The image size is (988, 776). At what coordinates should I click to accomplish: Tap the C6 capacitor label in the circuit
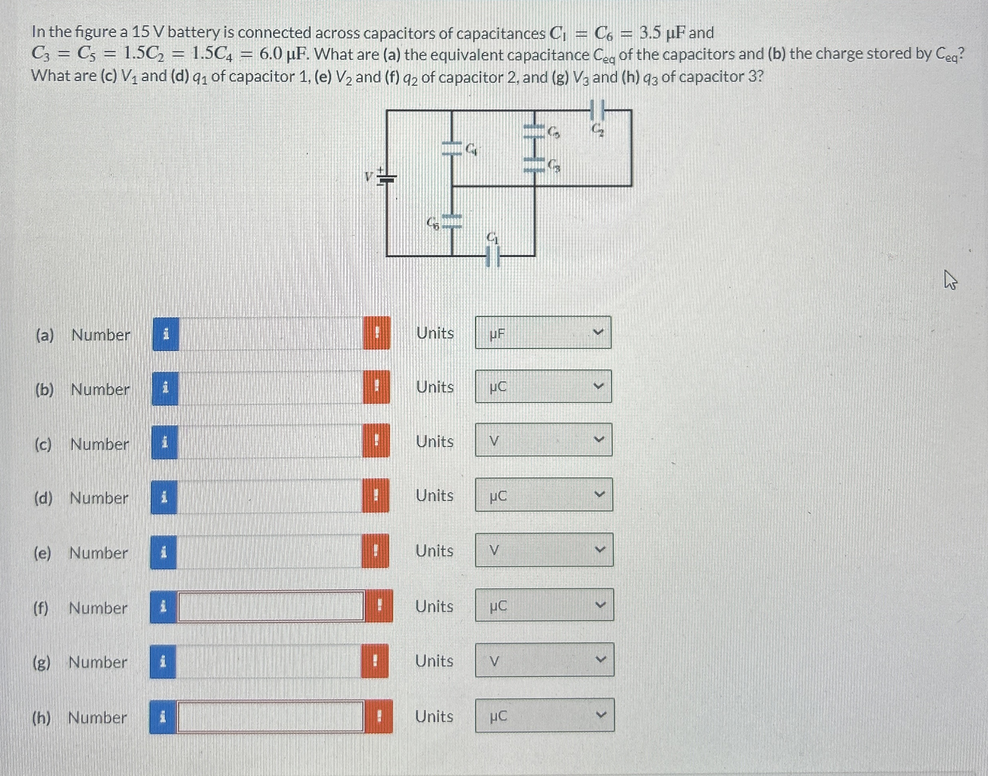click(433, 223)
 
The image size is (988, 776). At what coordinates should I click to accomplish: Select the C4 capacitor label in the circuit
click(472, 149)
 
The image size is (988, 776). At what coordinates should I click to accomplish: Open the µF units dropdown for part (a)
click(543, 333)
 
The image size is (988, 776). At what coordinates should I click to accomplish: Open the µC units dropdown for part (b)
click(543, 387)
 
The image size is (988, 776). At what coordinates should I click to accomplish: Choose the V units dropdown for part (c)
click(543, 440)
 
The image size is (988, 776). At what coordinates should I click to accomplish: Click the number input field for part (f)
click(271, 606)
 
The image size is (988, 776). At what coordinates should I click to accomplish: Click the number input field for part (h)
click(270, 716)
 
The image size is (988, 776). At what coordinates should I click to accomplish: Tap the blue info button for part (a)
click(166, 334)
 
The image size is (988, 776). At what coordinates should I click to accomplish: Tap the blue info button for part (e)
click(163, 552)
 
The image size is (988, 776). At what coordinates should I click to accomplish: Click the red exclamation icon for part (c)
click(376, 441)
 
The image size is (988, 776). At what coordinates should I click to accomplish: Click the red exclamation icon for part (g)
click(375, 661)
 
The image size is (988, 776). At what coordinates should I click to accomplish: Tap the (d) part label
click(44, 499)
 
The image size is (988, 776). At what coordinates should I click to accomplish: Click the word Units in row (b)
click(435, 387)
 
